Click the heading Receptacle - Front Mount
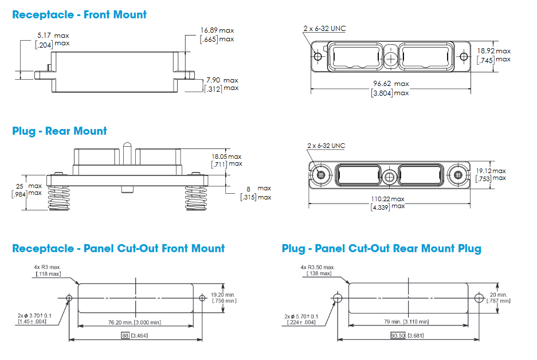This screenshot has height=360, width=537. pyautogui.click(x=80, y=15)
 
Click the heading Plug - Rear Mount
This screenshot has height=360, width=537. pyautogui.click(x=60, y=131)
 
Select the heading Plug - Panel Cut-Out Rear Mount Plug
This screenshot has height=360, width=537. pyautogui.click(x=381, y=248)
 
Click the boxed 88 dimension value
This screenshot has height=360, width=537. pyautogui.click(x=125, y=335)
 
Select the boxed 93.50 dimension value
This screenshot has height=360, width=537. pyautogui.click(x=396, y=335)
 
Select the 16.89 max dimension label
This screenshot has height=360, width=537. pyautogui.click(x=217, y=30)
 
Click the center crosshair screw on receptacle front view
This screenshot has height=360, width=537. pyautogui.click(x=390, y=58)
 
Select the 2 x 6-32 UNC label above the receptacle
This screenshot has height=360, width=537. pyautogui.click(x=324, y=29)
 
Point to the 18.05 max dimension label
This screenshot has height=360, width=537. pyautogui.click(x=226, y=156)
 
